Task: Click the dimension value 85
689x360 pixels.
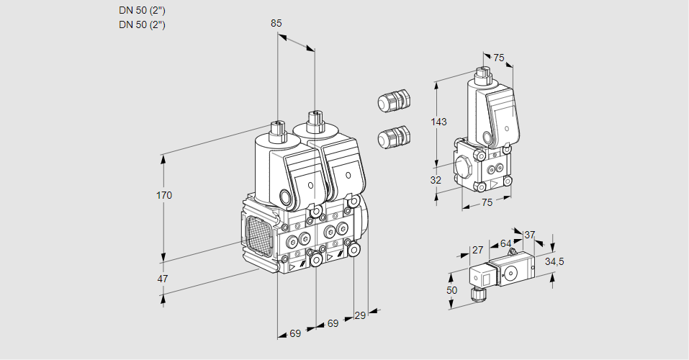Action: click(x=276, y=23)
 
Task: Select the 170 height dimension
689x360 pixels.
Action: click(x=165, y=195)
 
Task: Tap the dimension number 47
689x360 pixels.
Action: click(x=163, y=279)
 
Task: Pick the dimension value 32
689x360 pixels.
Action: click(x=436, y=180)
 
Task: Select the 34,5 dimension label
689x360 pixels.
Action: click(x=554, y=261)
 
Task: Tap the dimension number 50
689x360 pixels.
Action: click(x=451, y=289)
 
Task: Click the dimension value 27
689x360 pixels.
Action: click(x=477, y=250)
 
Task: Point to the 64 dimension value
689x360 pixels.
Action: click(x=505, y=243)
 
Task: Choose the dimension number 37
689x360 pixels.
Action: click(x=529, y=235)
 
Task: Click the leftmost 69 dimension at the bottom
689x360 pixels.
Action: click(x=295, y=333)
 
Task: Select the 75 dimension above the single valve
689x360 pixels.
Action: click(x=499, y=58)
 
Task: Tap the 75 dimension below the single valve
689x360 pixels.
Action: click(x=487, y=202)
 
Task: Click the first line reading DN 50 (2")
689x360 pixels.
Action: click(x=142, y=11)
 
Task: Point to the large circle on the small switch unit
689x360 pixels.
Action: click(x=512, y=273)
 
